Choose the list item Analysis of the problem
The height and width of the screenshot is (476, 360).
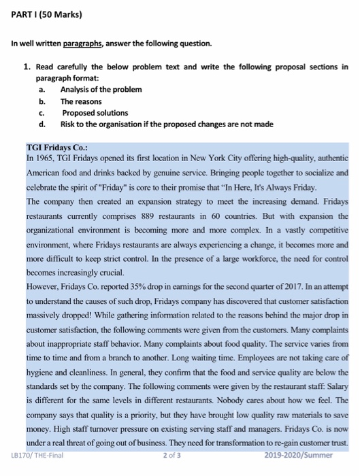(x=101, y=90)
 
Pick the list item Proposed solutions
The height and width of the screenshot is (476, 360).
(x=95, y=113)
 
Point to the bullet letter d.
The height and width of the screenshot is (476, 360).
(x=42, y=124)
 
